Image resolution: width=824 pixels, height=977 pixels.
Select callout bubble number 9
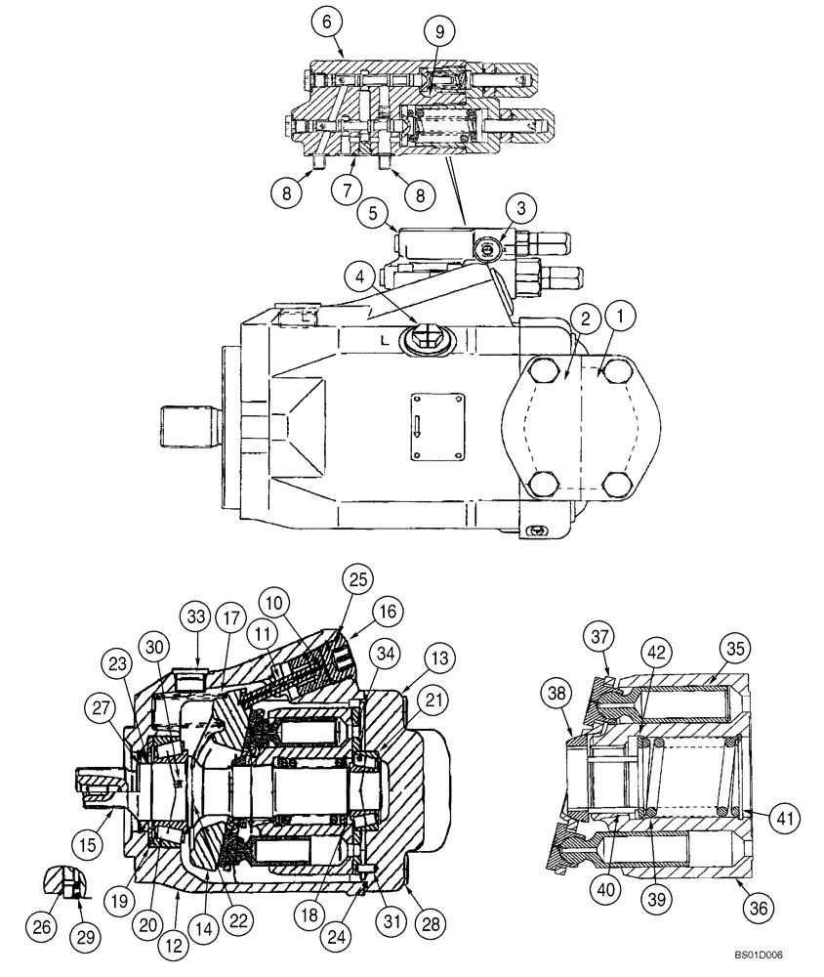tap(439, 31)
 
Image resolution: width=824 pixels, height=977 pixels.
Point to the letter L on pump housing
tap(386, 342)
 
